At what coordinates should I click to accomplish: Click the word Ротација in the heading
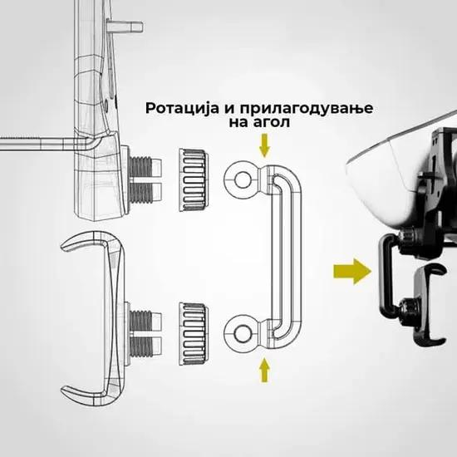pyautogui.click(x=182, y=108)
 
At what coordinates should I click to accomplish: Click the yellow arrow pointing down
pyautogui.click(x=264, y=145)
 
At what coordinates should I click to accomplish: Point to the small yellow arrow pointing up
pyautogui.click(x=264, y=370)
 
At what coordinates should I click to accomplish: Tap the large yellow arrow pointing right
pyautogui.click(x=352, y=271)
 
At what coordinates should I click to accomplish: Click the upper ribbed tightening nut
pyautogui.click(x=194, y=179)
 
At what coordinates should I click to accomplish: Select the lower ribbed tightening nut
pyautogui.click(x=194, y=334)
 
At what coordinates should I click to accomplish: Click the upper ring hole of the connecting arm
pyautogui.click(x=243, y=179)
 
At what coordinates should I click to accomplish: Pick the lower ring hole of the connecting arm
pyautogui.click(x=243, y=334)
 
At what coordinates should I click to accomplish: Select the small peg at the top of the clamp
pyautogui.click(x=125, y=27)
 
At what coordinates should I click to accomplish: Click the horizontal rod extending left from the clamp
pyautogui.click(x=44, y=144)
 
